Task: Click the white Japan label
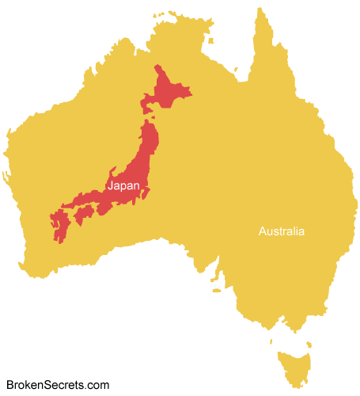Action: click(x=123, y=186)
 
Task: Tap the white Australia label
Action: click(x=281, y=231)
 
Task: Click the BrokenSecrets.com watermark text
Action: click(x=58, y=385)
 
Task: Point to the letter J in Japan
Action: click(x=110, y=186)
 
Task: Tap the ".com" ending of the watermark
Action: click(x=97, y=385)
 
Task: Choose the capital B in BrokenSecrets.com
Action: click(x=10, y=385)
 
